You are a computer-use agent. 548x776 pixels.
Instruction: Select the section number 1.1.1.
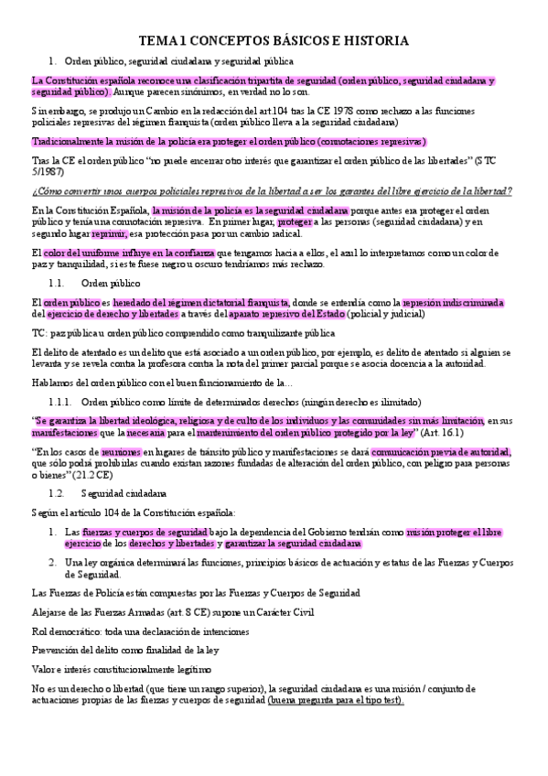61,401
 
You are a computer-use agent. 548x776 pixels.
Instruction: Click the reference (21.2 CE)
91,475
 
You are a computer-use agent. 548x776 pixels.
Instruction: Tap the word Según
46,512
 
